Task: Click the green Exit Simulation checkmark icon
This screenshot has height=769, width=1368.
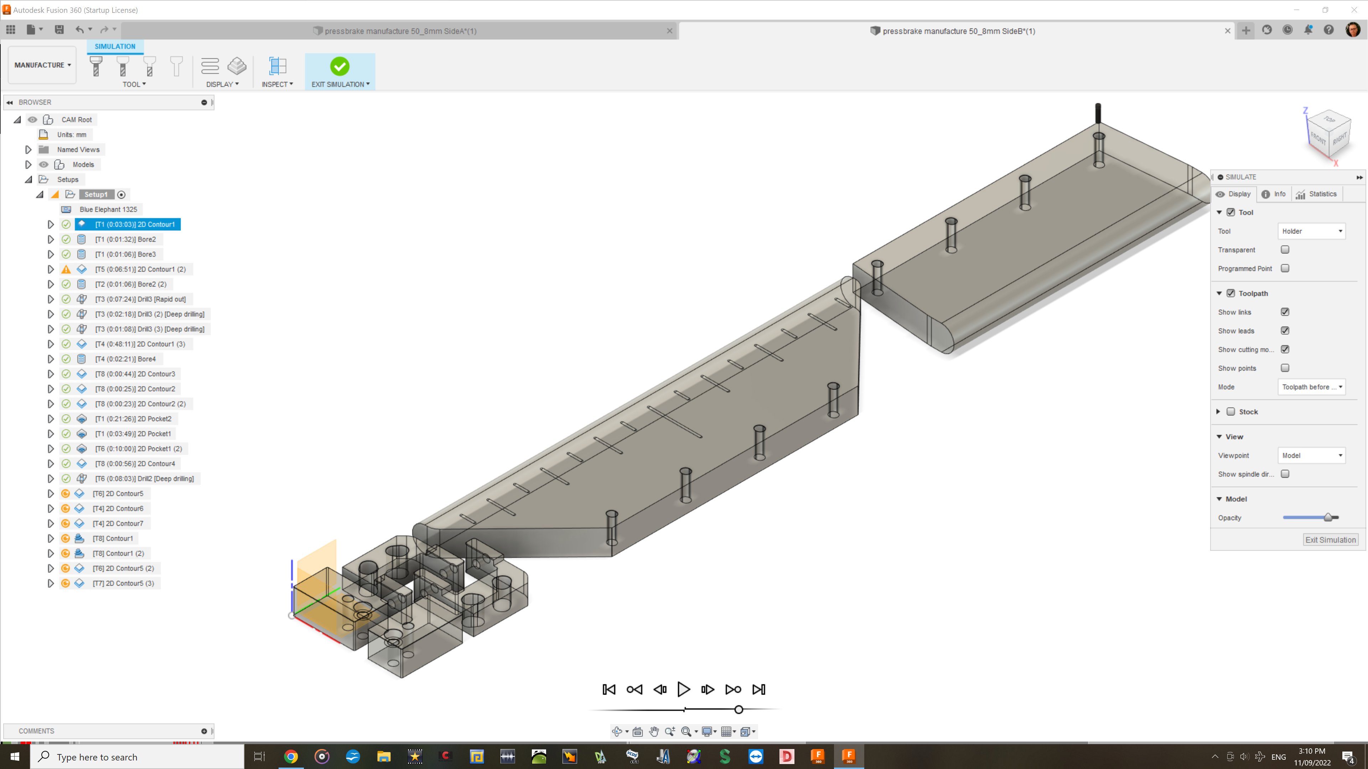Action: click(x=340, y=66)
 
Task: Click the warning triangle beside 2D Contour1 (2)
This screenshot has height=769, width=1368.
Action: click(x=66, y=270)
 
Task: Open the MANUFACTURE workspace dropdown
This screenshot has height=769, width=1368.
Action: click(x=42, y=65)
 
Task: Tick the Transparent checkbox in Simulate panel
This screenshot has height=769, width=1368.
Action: click(x=1285, y=250)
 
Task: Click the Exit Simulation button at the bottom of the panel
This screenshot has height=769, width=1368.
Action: click(x=1330, y=540)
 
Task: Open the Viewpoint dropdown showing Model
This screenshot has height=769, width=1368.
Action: click(x=1311, y=455)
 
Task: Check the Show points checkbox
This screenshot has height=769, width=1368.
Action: click(x=1285, y=368)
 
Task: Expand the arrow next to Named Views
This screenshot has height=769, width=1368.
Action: click(x=28, y=150)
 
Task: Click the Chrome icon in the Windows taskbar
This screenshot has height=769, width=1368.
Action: click(x=290, y=756)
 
